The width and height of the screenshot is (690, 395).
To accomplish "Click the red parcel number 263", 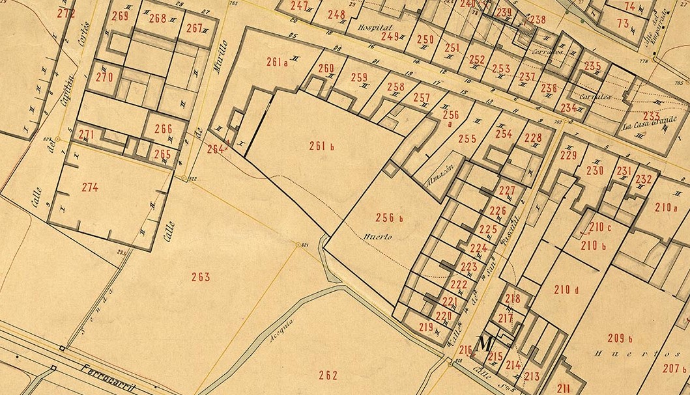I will (201, 277).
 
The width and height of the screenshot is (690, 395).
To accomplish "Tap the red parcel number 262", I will (328, 374).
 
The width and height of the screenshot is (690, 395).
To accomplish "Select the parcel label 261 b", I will (321, 146).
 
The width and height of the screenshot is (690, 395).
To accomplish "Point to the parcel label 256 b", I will (390, 217).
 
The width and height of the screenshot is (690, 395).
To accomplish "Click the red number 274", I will (91, 187).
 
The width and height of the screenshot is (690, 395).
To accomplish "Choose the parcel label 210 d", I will (566, 289).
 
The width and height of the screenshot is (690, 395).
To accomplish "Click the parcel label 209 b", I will (620, 338).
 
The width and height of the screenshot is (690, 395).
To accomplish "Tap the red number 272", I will (66, 13).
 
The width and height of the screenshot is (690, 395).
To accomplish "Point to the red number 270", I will (104, 77).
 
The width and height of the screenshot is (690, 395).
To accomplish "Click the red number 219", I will (426, 327).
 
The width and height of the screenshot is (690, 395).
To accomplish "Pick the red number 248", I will (336, 14).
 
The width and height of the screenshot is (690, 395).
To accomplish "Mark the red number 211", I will (564, 388).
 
